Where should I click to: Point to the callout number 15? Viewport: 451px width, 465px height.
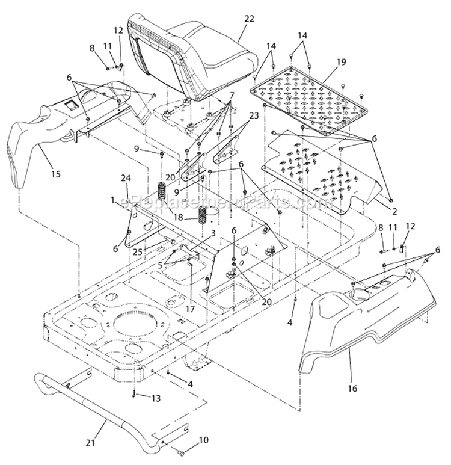click(55, 174)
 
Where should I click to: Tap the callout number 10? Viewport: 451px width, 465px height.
click(204, 440)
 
